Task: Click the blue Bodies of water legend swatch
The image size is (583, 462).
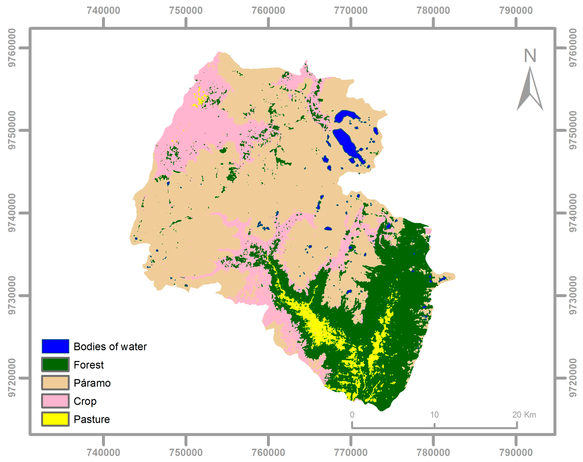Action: click(x=55, y=346)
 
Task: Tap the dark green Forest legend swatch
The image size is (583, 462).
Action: click(x=55, y=364)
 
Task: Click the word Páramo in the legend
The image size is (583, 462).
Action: click(x=92, y=383)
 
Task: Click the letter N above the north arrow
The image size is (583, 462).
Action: click(x=530, y=56)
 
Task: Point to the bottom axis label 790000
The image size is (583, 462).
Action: click(x=516, y=452)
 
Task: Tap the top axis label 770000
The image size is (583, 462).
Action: click(x=351, y=10)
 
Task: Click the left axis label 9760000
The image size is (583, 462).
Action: click(x=12, y=48)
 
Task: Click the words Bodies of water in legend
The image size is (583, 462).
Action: click(x=110, y=347)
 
